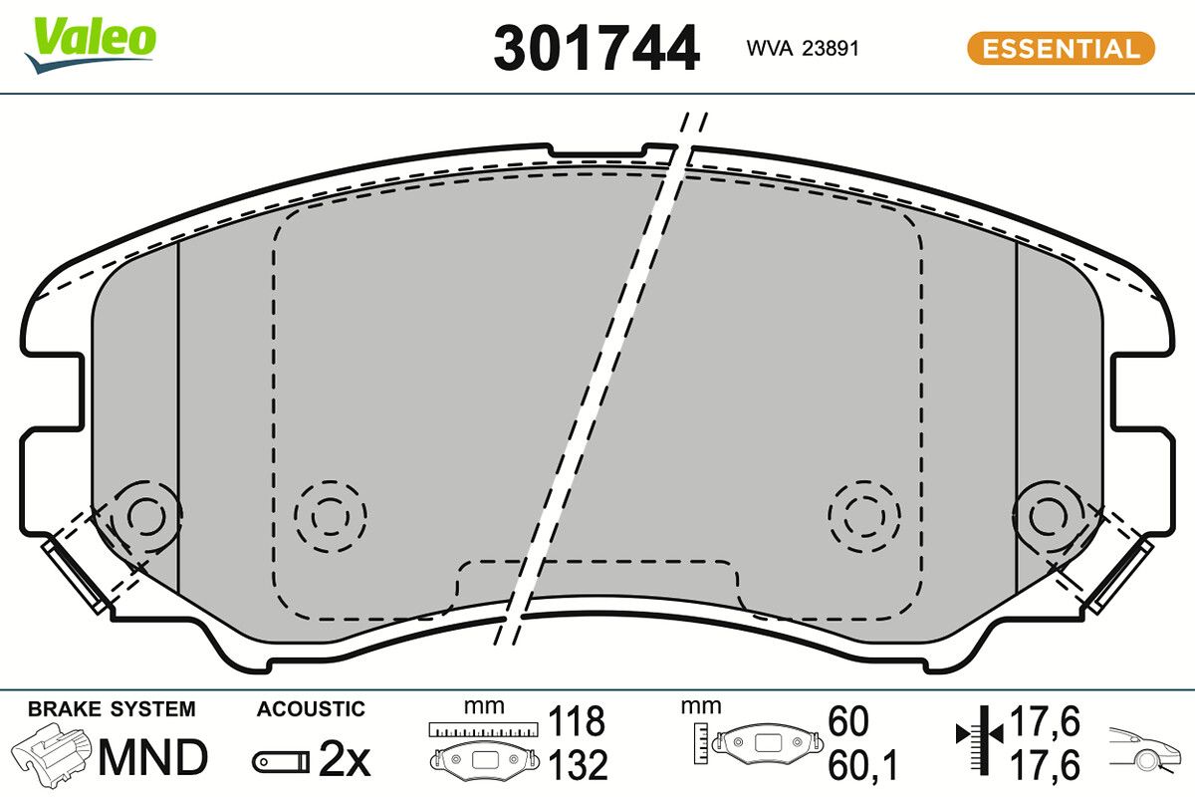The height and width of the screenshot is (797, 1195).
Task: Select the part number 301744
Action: pyautogui.click(x=596, y=49)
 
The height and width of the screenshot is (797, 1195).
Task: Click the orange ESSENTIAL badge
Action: pyautogui.click(x=1061, y=49)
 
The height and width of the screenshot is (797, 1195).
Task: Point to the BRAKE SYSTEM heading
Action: pyautogui.click(x=112, y=709)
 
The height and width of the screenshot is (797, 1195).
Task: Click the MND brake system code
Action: pyautogui.click(x=152, y=758)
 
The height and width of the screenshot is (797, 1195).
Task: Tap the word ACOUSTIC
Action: pyautogui.click(x=311, y=709)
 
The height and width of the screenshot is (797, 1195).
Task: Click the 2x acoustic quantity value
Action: pyautogui.click(x=344, y=762)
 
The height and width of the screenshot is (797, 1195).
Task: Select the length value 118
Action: pyautogui.click(x=577, y=719)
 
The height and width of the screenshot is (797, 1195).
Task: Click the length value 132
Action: pyautogui.click(x=577, y=765)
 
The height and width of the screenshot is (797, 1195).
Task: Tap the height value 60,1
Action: pyautogui.click(x=862, y=765)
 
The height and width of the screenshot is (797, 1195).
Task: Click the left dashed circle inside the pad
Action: pyautogui.click(x=331, y=516)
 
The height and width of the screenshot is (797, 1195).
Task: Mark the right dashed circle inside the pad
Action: pyautogui.click(x=863, y=516)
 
